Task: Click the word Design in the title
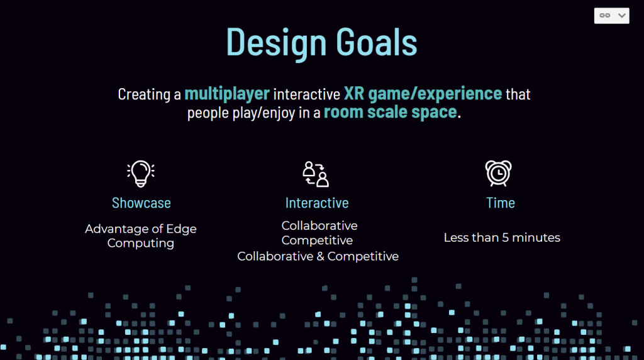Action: (277, 42)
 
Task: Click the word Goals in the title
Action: (377, 42)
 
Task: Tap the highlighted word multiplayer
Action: (227, 94)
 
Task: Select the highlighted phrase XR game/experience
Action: (423, 94)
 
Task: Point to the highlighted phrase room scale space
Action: (390, 112)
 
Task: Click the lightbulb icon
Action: (141, 174)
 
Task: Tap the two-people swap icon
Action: (316, 174)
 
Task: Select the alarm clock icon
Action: (498, 174)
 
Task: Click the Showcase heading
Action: (142, 203)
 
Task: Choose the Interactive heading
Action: (317, 203)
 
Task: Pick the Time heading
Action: (501, 203)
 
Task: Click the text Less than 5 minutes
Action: (502, 237)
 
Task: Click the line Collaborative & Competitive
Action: (318, 256)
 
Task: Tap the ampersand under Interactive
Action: (320, 256)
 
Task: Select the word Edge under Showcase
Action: (180, 229)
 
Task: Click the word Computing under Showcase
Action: (140, 244)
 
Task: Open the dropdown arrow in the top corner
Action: (622, 16)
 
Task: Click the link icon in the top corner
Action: (604, 16)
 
